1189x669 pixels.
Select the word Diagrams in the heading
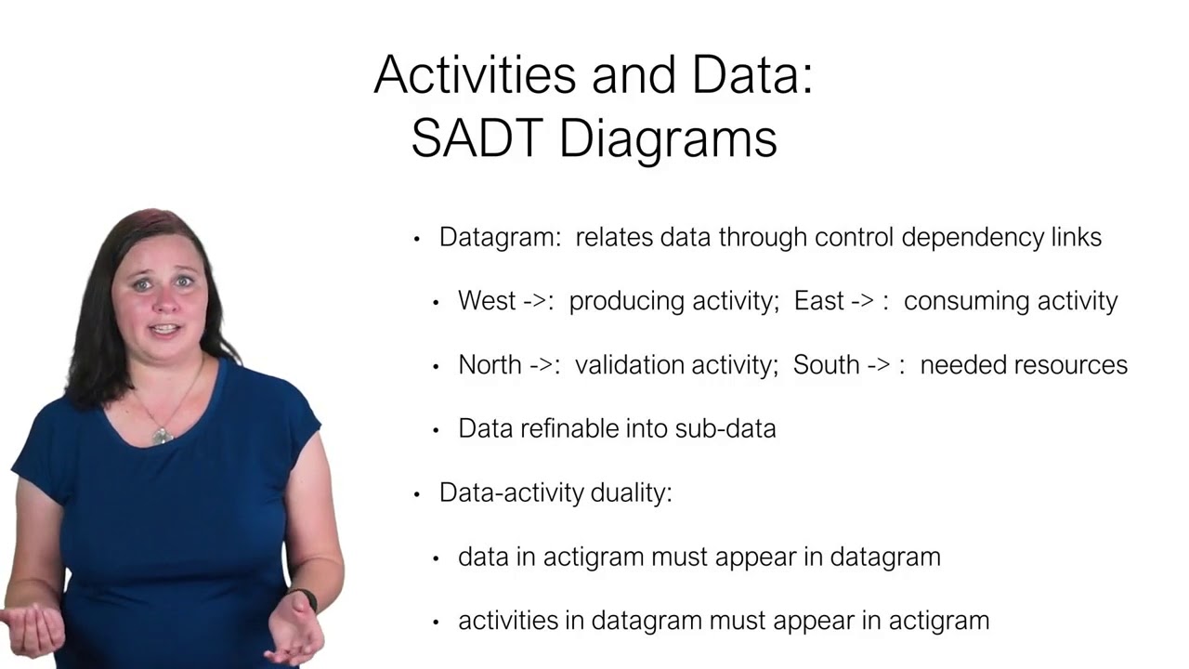tap(669, 140)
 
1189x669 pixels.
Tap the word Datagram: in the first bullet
tap(500, 238)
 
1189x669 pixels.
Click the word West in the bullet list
tap(487, 301)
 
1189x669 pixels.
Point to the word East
tap(818, 301)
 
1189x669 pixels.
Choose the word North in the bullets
tap(490, 365)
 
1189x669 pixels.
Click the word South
tap(825, 365)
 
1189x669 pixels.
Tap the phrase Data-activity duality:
tap(555, 492)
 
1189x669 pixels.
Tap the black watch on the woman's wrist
tap(303, 599)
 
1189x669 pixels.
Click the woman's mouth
tap(164, 329)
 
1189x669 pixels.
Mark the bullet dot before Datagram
tap(417, 239)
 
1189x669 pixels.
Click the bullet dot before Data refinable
tap(436, 430)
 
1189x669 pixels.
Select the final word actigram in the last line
tap(944, 621)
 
